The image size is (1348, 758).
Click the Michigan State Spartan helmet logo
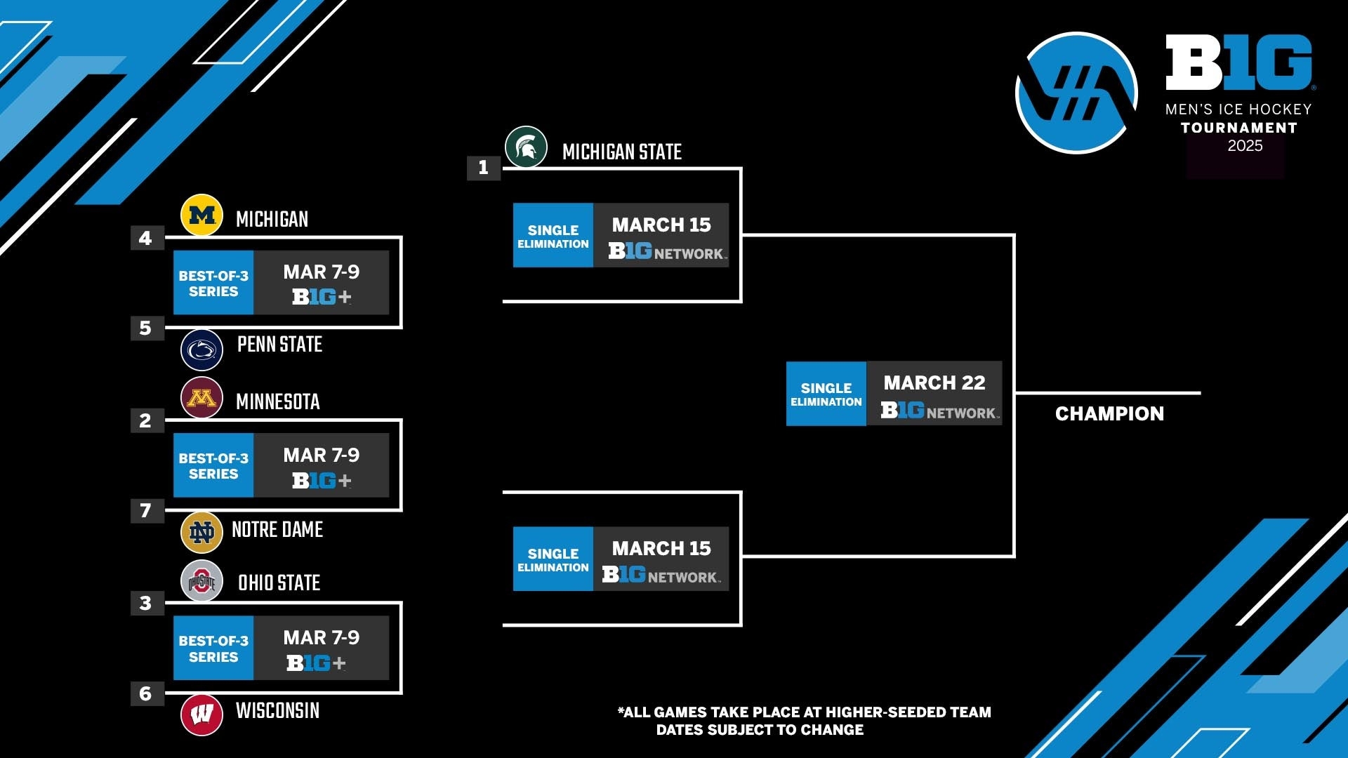[x=526, y=147]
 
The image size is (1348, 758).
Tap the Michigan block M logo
[x=201, y=215]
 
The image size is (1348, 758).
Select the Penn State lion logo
[x=201, y=350]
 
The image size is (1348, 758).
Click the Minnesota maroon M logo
[x=201, y=398]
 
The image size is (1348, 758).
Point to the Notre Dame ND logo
[x=201, y=533]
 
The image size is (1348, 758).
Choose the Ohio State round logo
[x=201, y=581]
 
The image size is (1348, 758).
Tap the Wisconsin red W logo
[x=201, y=714]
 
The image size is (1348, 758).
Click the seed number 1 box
[x=483, y=168]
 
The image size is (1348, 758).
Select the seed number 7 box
[x=146, y=510]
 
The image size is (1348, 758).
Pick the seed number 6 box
[x=146, y=693]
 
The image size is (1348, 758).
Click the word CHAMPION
[x=1109, y=414]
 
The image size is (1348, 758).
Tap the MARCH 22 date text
[x=934, y=383]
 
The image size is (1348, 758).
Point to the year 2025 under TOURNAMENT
[x=1245, y=146]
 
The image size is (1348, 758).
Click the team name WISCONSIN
[x=277, y=711]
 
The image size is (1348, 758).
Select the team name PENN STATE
[x=279, y=345]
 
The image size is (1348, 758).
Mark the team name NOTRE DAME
[x=277, y=530]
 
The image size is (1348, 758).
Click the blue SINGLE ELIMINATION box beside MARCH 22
[x=826, y=394]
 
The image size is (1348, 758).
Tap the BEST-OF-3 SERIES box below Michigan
[x=213, y=283]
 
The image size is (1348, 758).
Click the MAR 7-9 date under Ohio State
[x=321, y=637]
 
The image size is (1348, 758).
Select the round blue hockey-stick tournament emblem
[x=1076, y=93]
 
